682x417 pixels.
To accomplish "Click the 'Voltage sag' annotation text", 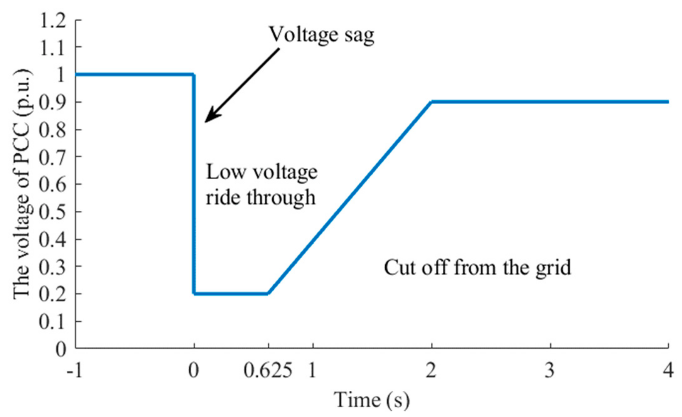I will (322, 35).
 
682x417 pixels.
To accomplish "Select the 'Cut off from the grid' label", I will (477, 267).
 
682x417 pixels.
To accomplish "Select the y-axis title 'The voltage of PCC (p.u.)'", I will (23, 185).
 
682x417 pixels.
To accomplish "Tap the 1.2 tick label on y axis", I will (52, 21).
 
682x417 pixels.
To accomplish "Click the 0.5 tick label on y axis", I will (52, 211).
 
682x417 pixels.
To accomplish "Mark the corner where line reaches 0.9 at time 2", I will (431, 102).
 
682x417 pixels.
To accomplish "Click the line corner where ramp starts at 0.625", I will (268, 293).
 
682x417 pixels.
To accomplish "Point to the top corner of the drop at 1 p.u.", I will (194, 74).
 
